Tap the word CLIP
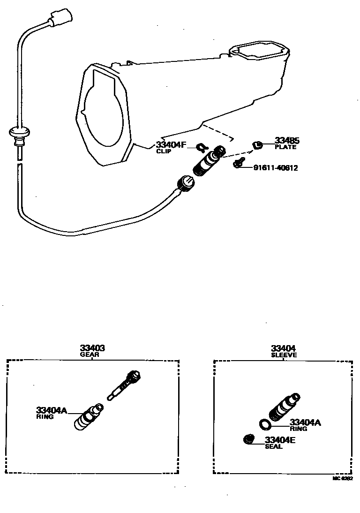[x=164, y=151]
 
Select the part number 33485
[x=287, y=140]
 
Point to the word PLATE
[x=285, y=147]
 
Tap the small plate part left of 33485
[x=256, y=145]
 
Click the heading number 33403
[x=92, y=348]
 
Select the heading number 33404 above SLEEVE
[x=284, y=348]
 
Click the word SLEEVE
[x=284, y=355]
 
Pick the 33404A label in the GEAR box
[x=52, y=410]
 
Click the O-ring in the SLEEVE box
[x=265, y=424]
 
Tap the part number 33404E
[x=280, y=440]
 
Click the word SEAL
[x=274, y=447]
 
